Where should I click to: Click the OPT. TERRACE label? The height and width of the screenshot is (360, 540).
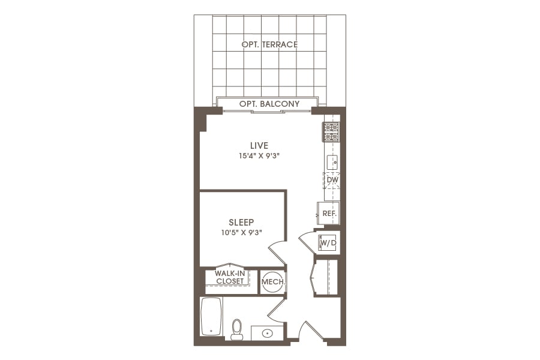point(269,44)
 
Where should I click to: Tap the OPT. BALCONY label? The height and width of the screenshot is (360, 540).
point(269,104)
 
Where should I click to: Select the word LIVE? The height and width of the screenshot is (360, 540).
point(259,145)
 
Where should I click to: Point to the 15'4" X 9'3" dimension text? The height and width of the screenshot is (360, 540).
point(259,155)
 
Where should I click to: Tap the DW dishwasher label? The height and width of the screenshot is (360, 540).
point(332,179)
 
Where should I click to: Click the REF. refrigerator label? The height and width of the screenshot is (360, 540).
point(329,213)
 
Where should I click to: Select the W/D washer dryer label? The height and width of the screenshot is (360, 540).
point(328,243)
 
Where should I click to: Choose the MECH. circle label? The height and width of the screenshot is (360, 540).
point(273,281)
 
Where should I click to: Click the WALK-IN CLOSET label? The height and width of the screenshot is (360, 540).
point(230,277)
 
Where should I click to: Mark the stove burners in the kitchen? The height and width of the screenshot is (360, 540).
point(331,132)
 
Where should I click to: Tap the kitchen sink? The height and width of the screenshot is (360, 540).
point(332,161)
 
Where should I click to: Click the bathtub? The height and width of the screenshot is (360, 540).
point(211,316)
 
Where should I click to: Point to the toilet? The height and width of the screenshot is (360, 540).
point(236,329)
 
